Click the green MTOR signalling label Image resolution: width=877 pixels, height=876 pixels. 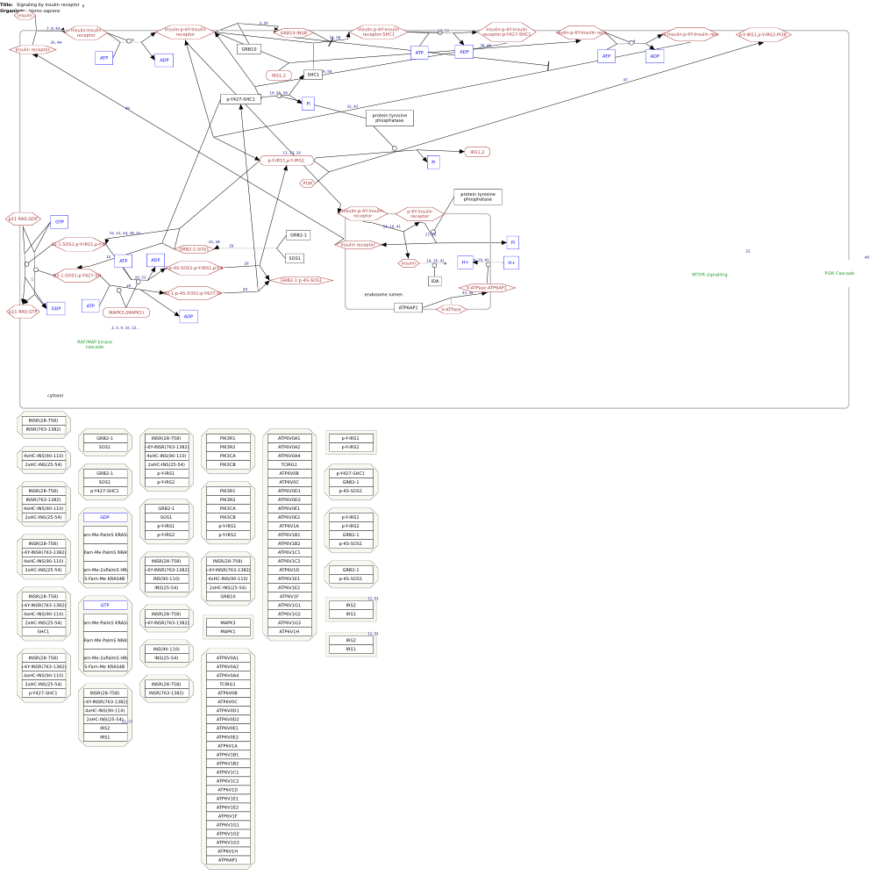[x=709, y=275]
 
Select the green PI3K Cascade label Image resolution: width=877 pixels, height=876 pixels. [x=839, y=273]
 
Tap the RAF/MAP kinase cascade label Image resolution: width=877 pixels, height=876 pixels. [x=95, y=344]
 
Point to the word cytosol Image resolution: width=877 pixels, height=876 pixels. [x=55, y=395]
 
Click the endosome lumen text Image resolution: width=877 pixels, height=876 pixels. [x=382, y=294]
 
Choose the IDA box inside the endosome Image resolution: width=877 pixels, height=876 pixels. [x=434, y=281]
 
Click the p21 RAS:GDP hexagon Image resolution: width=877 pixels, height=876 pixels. [x=24, y=219]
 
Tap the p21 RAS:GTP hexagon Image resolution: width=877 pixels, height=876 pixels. [x=24, y=312]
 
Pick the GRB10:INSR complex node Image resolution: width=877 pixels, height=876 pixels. [x=293, y=32]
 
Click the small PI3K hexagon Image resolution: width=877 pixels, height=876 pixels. [x=308, y=183]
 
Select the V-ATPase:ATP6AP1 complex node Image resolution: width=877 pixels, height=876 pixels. [x=487, y=288]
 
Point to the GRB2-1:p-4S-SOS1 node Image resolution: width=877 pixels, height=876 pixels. [x=301, y=280]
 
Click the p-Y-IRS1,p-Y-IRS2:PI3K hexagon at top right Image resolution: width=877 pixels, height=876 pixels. [x=763, y=34]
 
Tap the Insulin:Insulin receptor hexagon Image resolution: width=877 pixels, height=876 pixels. [x=86, y=32]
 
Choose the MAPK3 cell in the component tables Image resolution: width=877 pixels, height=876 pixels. [x=228, y=622]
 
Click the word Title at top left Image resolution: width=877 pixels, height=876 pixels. [x=6, y=4]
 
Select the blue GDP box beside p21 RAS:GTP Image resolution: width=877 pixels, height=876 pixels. [x=55, y=308]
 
